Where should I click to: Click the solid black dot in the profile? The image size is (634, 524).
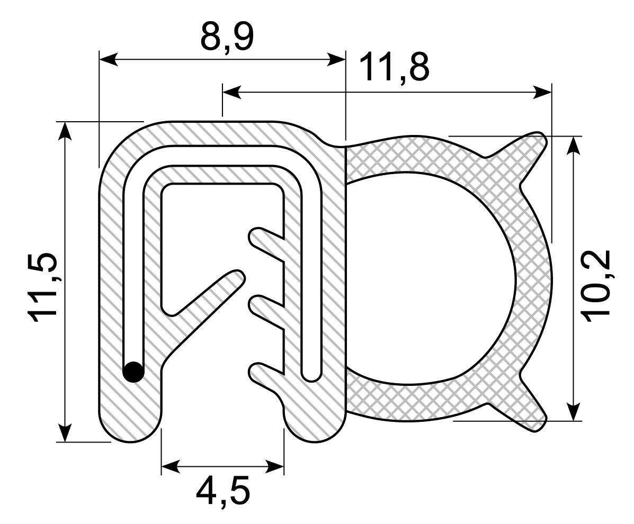[x=133, y=372]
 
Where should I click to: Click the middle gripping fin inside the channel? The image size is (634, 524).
[x=265, y=312]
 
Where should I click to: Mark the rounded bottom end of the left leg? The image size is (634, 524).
[x=130, y=426]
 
